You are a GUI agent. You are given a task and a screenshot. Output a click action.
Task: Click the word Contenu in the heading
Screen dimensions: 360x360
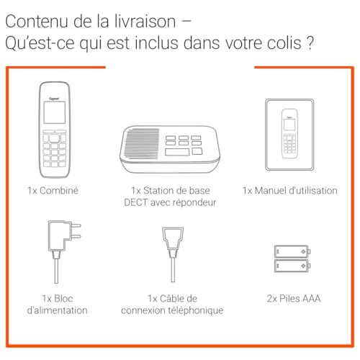click(x=37, y=22)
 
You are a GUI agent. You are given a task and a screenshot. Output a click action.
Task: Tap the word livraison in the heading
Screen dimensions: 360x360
click(x=145, y=22)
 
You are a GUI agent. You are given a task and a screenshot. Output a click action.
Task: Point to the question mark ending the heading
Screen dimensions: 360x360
click(x=310, y=42)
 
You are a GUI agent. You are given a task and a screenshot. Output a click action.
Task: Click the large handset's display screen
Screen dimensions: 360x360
click(x=55, y=112)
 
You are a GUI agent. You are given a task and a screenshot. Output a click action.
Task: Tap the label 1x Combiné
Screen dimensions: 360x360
click(x=53, y=191)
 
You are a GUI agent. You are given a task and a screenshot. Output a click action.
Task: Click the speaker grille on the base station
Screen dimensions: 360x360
click(x=142, y=144)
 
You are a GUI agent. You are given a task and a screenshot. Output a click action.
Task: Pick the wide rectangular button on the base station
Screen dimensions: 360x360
click(x=177, y=152)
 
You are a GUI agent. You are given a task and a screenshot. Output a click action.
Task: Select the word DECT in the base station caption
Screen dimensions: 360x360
click(x=135, y=202)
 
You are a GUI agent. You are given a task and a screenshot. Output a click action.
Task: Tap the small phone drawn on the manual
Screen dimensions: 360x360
click(x=289, y=134)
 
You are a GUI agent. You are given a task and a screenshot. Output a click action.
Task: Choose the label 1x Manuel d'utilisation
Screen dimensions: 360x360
click(x=289, y=191)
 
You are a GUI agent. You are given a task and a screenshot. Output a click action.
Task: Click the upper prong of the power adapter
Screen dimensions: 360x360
click(x=76, y=225)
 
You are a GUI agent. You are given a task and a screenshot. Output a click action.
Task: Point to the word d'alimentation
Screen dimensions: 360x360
click(x=57, y=310)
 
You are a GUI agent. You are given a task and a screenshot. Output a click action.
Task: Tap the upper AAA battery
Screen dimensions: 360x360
click(x=292, y=251)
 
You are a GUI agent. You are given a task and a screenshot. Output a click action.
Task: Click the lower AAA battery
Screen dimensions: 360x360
click(x=292, y=266)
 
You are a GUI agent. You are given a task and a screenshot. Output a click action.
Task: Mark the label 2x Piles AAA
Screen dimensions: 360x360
click(x=294, y=299)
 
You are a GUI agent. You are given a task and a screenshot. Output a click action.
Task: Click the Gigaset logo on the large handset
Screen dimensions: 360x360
click(x=54, y=99)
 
